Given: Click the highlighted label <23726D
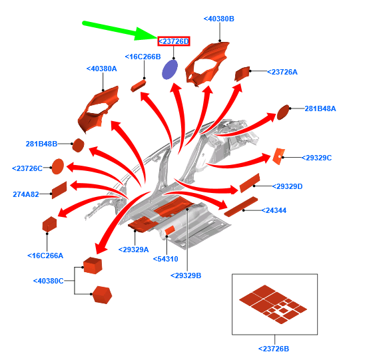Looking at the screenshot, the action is pyautogui.click(x=174, y=41).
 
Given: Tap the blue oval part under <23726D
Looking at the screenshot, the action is pyautogui.click(x=170, y=70).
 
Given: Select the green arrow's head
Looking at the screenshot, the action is pyautogui.click(x=145, y=34).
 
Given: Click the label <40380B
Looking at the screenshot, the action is pyautogui.click(x=219, y=19).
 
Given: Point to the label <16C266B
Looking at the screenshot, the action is pyautogui.click(x=143, y=57).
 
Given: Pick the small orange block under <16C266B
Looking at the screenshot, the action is pyautogui.click(x=139, y=86).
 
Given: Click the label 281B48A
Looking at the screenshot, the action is pyautogui.click(x=320, y=108).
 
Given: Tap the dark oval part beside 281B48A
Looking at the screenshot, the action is pyautogui.click(x=283, y=112).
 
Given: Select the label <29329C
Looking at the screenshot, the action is pyautogui.click(x=316, y=158).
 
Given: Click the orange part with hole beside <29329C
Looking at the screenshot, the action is pyautogui.click(x=279, y=156).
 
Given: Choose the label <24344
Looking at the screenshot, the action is pyautogui.click(x=274, y=210).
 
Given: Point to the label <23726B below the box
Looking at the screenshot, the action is pyautogui.click(x=274, y=349).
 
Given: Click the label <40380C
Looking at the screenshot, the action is pyautogui.click(x=48, y=281).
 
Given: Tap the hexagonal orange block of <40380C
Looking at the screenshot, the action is pyautogui.click(x=102, y=295).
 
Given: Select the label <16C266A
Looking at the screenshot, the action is pyautogui.click(x=45, y=256).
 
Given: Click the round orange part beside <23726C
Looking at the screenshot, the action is pyautogui.click(x=57, y=166).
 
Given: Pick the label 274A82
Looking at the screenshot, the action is pyautogui.click(x=26, y=194).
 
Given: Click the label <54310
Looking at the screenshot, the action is pyautogui.click(x=165, y=259).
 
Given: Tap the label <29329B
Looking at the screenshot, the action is pyautogui.click(x=186, y=275).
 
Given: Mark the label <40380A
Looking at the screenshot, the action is pyautogui.click(x=102, y=69).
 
